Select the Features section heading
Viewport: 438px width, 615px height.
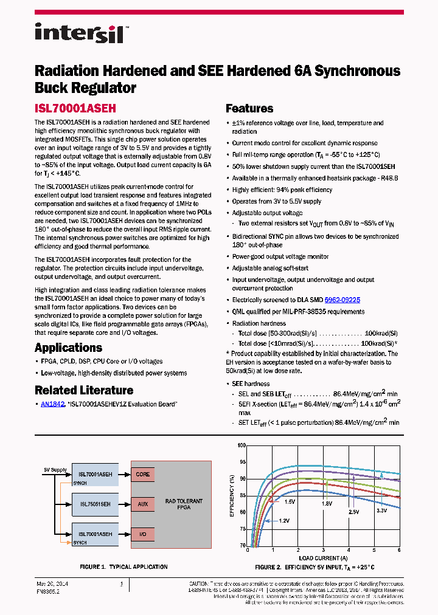(x=249, y=109)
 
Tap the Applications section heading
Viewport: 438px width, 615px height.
(x=68, y=348)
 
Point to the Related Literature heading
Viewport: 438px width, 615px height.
(x=83, y=390)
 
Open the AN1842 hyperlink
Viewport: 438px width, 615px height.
(x=52, y=404)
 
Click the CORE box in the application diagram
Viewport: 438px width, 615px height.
(x=143, y=474)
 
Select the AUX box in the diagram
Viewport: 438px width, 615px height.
(x=142, y=504)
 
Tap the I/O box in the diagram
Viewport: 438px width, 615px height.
(x=142, y=534)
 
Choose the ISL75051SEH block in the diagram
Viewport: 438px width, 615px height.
(x=95, y=504)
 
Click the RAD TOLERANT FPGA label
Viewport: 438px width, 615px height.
(x=184, y=504)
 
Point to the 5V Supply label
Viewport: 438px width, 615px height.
(x=55, y=470)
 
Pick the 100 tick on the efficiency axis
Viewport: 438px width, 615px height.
(x=242, y=445)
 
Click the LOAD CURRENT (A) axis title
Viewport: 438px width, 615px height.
(x=324, y=557)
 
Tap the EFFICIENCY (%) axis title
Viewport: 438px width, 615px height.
(x=232, y=496)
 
